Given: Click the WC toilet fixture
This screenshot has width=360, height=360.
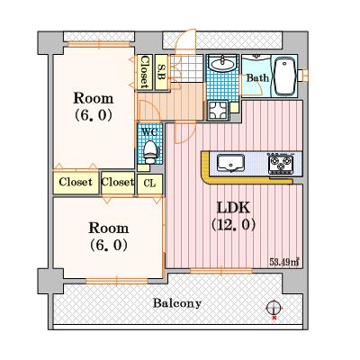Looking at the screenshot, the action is tap(149, 152).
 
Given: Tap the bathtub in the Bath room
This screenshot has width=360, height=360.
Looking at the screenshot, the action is tap(283, 76).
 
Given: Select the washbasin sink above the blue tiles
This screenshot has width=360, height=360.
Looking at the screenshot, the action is tap(223, 64).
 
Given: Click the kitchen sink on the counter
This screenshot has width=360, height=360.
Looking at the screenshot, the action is tap(230, 163).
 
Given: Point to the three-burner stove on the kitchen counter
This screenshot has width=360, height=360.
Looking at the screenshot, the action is tap(281, 164).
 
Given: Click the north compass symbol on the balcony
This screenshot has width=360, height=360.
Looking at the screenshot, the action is tap(274, 309).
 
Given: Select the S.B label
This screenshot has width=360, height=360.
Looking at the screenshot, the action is tap(162, 72).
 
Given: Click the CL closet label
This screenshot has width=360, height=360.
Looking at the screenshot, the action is tap(149, 184).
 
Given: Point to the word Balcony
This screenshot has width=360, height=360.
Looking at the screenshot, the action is tap(177, 303).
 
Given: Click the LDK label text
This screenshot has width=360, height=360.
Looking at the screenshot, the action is tap(233, 208).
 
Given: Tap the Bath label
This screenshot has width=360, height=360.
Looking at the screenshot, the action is tap(257, 78).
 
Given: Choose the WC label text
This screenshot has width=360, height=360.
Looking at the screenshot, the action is tap(149, 132).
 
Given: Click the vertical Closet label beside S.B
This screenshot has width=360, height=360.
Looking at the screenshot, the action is tap(145, 72).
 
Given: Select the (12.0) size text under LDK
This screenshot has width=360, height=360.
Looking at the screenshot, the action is tap(233, 224).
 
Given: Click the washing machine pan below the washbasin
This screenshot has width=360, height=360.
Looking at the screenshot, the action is tap(218, 111).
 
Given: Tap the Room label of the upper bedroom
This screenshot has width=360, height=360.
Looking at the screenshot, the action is tap(94, 98).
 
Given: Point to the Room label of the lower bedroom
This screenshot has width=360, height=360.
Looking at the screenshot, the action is tap(109, 228).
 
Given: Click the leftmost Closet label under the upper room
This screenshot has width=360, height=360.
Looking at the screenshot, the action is tap(76, 182).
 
